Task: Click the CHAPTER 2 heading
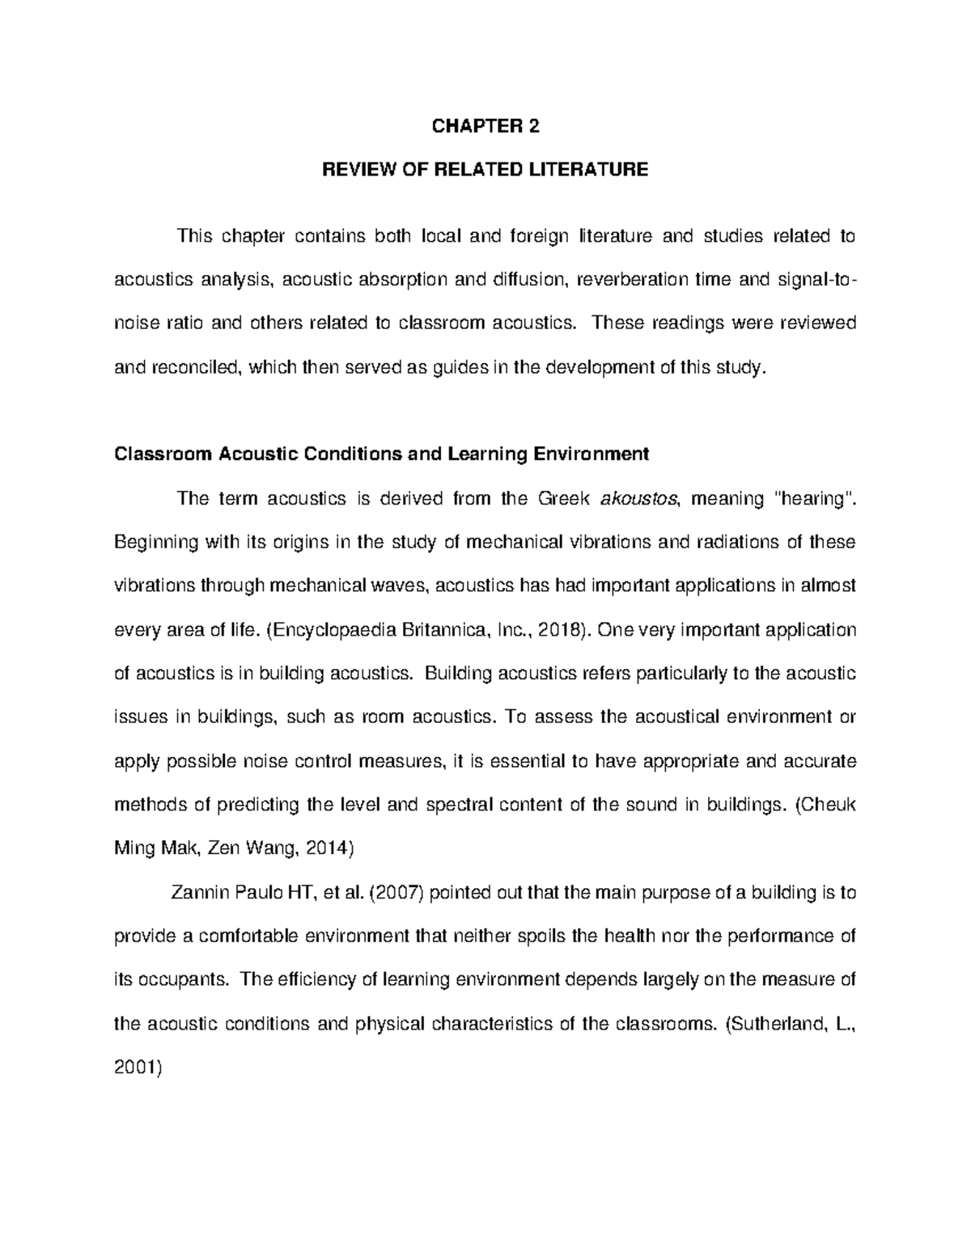[485, 126]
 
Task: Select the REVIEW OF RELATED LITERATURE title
[485, 170]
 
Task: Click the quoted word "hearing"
[815, 498]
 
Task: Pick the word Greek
[562, 498]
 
